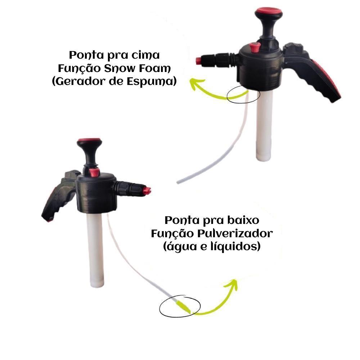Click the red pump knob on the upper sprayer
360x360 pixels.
pos(269,10)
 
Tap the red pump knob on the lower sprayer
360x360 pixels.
pos(89,140)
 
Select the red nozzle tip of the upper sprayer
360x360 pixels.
pos(198,61)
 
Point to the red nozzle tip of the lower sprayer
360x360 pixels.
pos(147,190)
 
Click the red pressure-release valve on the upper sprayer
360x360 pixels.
pos(255,47)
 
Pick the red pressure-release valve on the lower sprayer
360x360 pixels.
pos(95,172)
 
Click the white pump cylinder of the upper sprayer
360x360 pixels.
pos(264,125)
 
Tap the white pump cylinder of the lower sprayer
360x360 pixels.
pos(95,250)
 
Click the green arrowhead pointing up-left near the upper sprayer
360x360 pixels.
pos(196,83)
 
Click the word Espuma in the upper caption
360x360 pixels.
pos(149,82)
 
